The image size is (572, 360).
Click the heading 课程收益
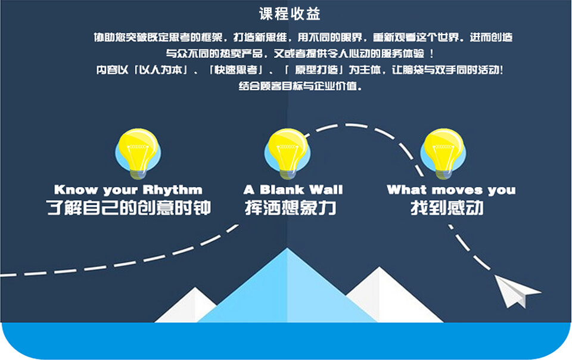(x=290, y=14)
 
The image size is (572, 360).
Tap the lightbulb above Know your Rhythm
(x=138, y=154)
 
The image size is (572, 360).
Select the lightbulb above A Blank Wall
(x=287, y=154)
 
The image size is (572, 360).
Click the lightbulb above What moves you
(x=443, y=154)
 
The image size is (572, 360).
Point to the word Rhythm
(x=172, y=190)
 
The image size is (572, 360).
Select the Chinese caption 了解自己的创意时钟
(x=129, y=208)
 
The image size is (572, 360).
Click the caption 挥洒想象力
(x=291, y=208)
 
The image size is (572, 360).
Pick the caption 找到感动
(x=447, y=208)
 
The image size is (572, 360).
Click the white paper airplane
(x=516, y=291)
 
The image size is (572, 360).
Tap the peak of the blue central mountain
(x=287, y=249)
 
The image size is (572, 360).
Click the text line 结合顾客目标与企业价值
(x=300, y=86)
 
